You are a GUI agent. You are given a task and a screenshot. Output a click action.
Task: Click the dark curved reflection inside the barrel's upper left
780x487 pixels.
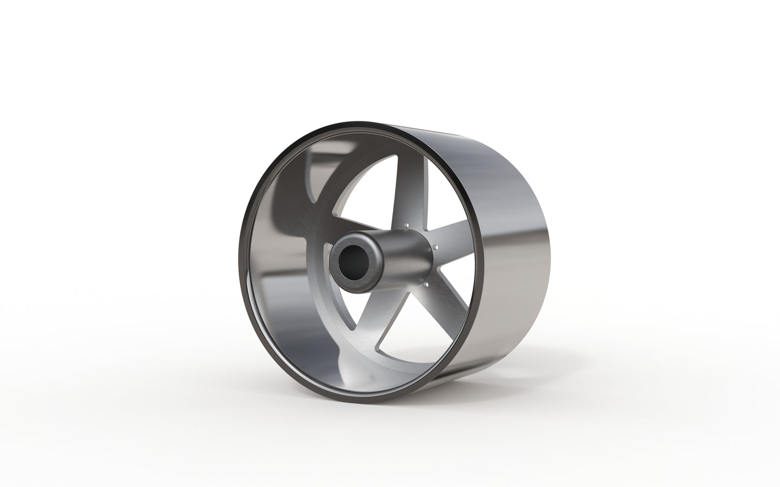click(302, 178)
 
